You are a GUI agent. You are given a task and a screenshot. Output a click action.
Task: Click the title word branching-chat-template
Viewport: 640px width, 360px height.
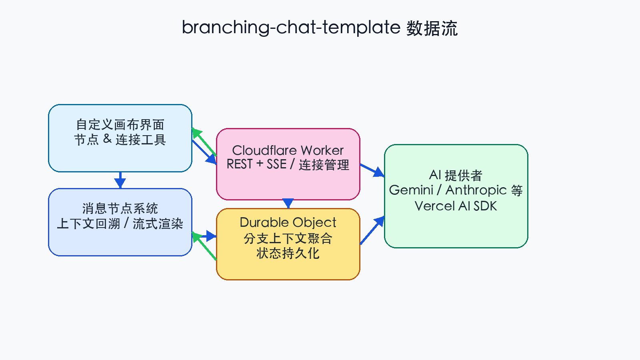coord(291,28)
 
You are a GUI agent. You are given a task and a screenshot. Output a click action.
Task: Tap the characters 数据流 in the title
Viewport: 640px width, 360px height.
coord(432,29)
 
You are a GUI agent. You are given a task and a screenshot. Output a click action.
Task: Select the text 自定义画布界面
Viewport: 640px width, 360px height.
coord(120,125)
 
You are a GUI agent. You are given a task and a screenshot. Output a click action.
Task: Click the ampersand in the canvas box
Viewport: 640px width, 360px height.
coord(107,139)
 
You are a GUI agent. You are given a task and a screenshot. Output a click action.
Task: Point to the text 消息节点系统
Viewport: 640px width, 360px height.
coord(120,208)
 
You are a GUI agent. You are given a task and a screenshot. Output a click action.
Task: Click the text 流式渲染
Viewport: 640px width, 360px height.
coord(158,224)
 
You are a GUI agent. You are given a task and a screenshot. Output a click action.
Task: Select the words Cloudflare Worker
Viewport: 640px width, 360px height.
coord(288,150)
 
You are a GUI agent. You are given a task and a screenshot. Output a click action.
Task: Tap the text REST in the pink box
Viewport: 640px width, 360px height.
coord(240,164)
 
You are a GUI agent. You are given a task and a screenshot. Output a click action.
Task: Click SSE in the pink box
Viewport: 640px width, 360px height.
coord(276,164)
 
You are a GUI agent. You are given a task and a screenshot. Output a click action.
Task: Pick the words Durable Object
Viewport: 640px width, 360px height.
coord(288,222)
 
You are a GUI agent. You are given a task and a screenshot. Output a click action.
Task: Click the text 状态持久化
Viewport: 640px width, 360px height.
coord(288,253)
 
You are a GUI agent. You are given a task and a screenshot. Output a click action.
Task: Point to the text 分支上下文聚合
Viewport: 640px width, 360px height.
coord(288,238)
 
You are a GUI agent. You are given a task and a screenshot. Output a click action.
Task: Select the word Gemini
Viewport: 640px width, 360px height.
coord(411,190)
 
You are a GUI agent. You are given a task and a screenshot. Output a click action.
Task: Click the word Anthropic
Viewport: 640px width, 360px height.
coord(476,190)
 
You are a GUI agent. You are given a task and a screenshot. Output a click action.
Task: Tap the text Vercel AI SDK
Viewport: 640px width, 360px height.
coord(456,206)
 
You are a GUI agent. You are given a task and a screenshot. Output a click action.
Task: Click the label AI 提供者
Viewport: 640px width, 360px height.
coord(456,175)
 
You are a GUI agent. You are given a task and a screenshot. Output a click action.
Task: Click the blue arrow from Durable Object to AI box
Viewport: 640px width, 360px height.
coord(372,231)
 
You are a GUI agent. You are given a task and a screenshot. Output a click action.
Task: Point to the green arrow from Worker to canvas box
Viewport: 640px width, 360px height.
coord(204,142)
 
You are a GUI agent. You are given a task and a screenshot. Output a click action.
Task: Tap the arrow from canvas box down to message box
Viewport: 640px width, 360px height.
coord(120,180)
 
